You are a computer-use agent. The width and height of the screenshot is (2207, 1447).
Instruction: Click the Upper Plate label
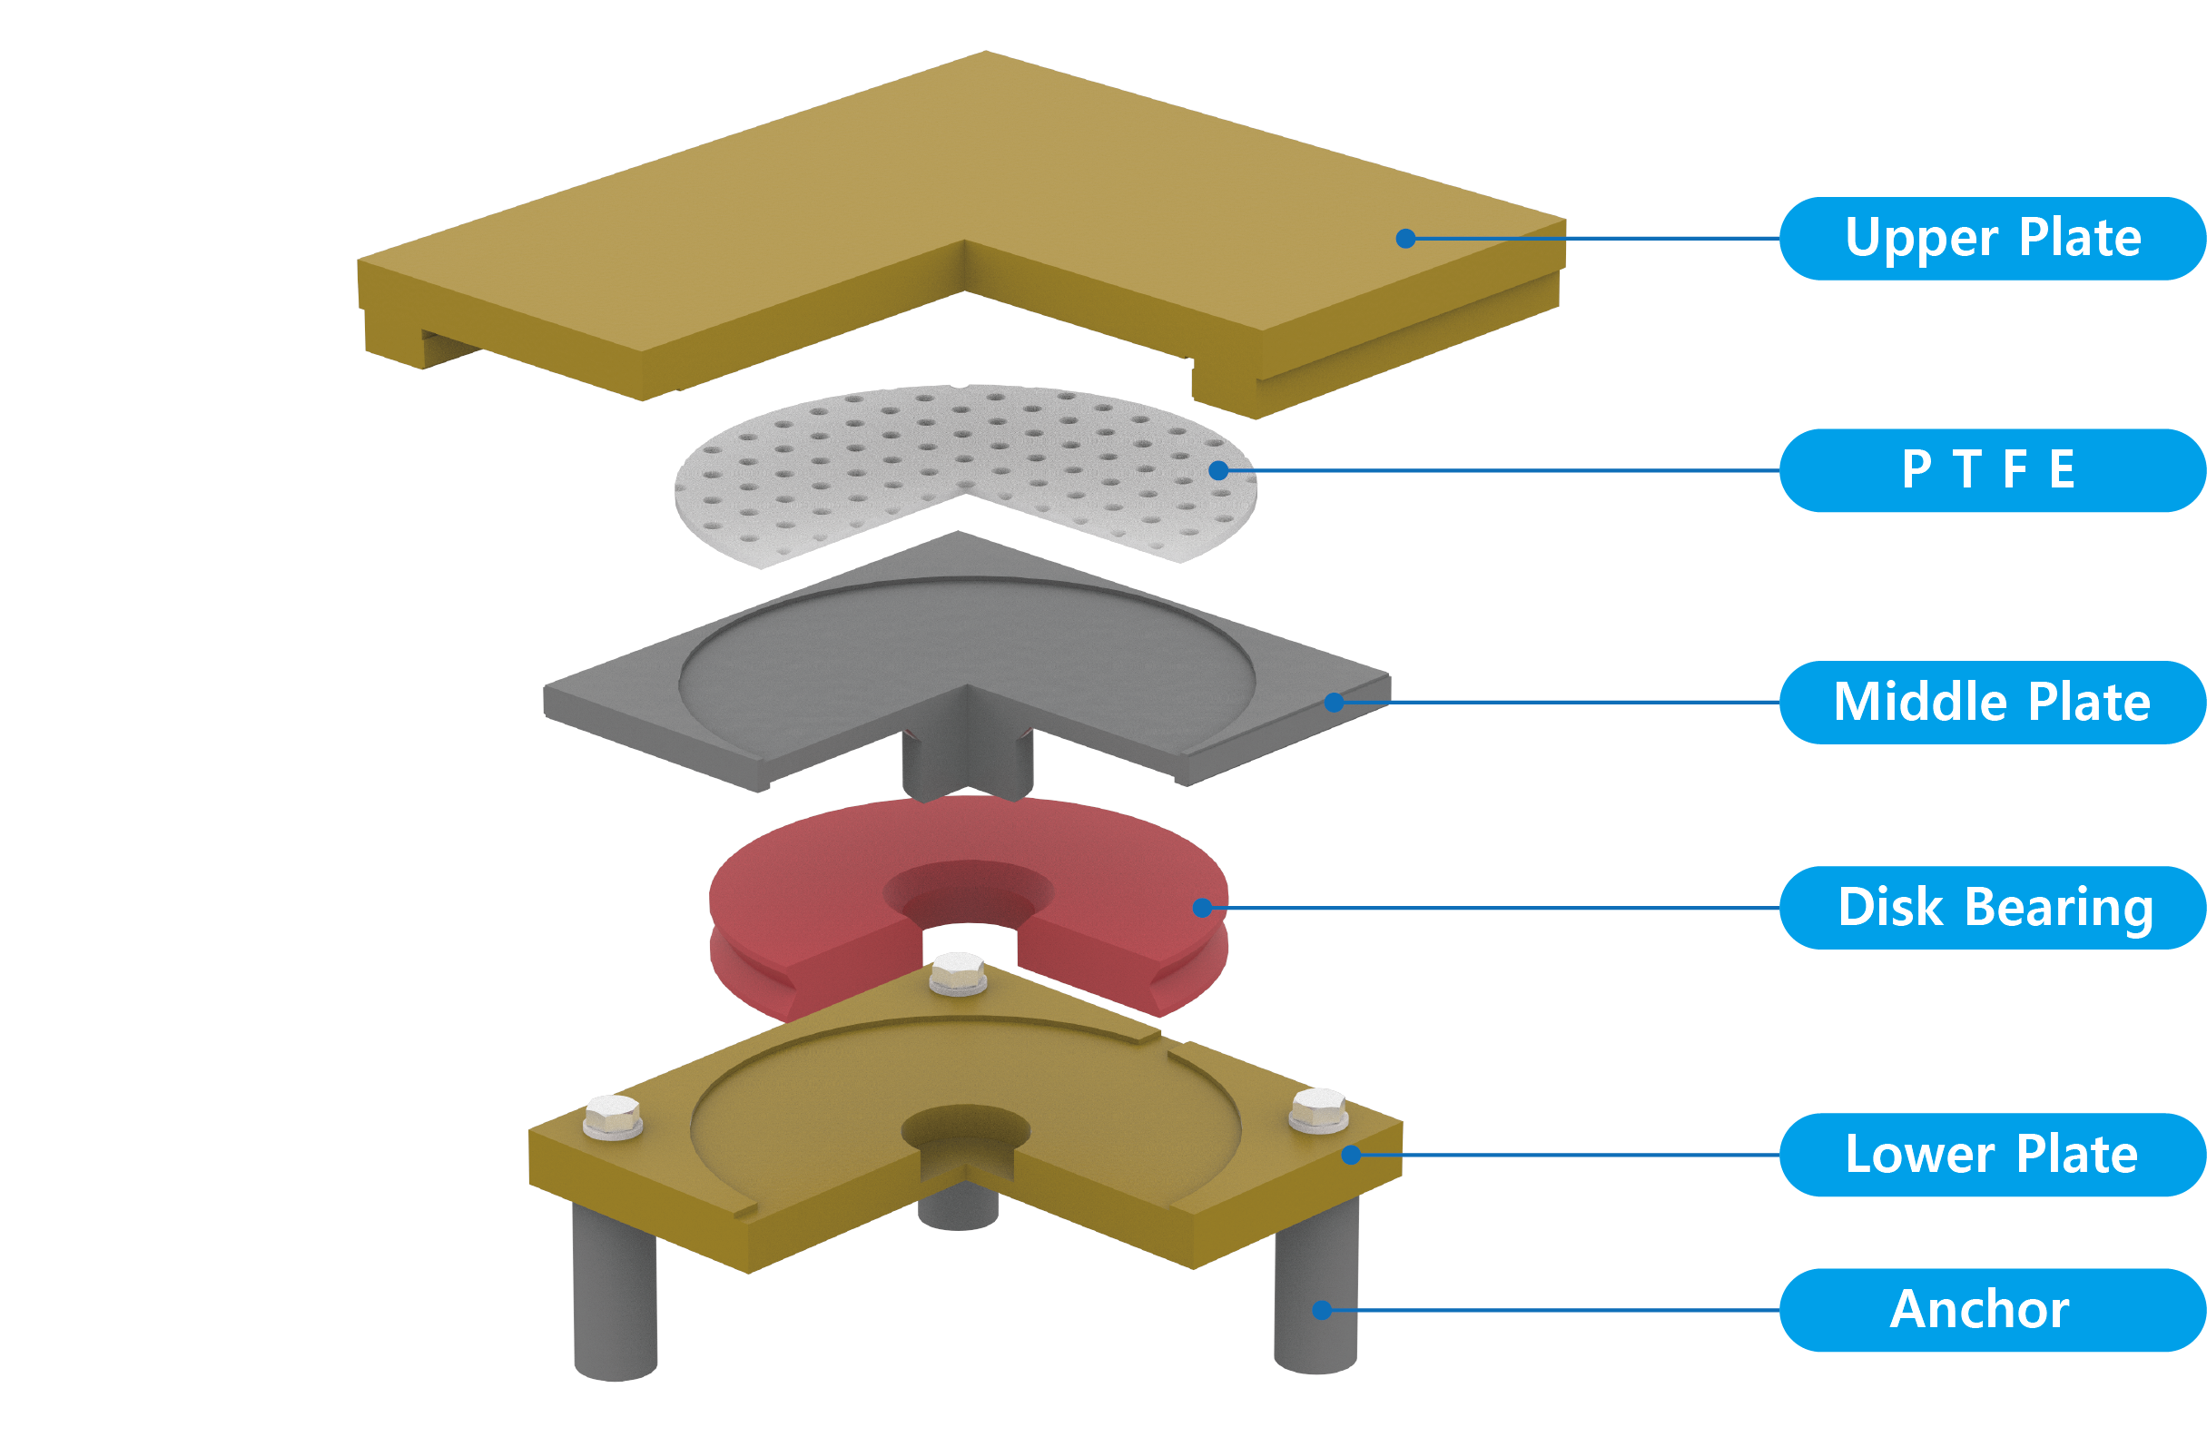tap(1992, 238)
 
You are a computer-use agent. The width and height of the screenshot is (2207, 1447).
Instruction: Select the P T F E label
tap(1992, 470)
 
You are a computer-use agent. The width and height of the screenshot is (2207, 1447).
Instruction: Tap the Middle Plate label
tap(1992, 702)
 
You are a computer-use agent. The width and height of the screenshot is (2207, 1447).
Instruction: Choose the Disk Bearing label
tap(1992, 908)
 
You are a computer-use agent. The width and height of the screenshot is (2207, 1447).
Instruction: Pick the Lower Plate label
tap(1992, 1155)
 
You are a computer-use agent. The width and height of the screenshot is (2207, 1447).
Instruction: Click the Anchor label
tap(1992, 1310)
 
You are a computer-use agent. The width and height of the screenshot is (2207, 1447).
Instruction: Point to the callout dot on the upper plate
tap(1405, 238)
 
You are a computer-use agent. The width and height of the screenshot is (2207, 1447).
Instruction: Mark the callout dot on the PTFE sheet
tap(1218, 471)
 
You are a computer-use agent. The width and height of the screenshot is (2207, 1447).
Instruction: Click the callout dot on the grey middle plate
tap(1334, 703)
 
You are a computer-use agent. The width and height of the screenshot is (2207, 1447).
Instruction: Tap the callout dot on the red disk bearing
tap(1203, 908)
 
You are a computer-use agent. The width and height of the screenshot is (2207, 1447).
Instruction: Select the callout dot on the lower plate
tap(1351, 1155)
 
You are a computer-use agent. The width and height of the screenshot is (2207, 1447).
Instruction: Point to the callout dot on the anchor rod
tap(1323, 1310)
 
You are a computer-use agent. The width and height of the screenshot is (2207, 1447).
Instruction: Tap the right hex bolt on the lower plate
tap(1317, 1109)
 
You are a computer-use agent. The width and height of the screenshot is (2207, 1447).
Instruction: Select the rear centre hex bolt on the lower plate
tap(958, 973)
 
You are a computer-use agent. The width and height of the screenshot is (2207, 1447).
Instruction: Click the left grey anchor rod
tap(615, 1298)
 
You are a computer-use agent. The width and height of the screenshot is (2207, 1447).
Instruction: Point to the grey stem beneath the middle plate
tap(967, 760)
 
